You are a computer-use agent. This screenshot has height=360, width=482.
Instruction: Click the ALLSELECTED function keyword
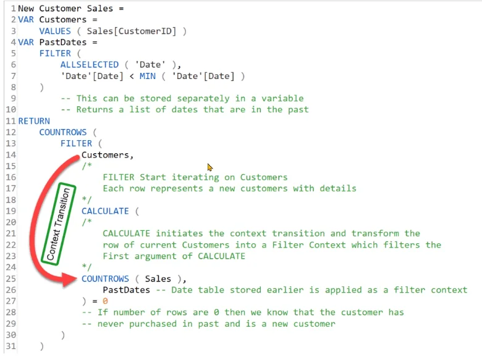click(90, 64)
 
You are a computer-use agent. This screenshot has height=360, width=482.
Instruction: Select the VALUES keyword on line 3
click(55, 31)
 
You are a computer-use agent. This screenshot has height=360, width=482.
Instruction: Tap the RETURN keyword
click(34, 121)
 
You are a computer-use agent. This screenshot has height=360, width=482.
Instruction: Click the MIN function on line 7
click(148, 76)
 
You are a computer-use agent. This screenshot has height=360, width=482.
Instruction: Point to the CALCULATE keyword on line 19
click(105, 211)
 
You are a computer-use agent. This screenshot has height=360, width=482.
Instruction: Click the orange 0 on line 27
click(105, 301)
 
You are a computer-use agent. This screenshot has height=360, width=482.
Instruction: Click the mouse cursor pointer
click(210, 167)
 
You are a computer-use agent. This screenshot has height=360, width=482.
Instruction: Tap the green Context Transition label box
click(59, 224)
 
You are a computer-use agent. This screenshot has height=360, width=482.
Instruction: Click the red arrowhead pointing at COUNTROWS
click(69, 279)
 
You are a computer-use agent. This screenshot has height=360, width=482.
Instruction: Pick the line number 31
click(11, 346)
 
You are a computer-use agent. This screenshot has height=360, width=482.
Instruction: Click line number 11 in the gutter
click(11, 121)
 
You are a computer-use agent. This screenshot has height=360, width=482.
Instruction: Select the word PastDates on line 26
click(126, 290)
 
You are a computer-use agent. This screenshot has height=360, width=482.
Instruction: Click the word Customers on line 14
click(105, 155)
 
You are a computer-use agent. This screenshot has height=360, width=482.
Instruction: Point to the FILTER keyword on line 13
click(76, 143)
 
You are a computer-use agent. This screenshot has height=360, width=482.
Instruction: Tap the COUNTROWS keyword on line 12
click(63, 132)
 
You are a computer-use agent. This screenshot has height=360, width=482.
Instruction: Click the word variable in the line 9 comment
click(282, 98)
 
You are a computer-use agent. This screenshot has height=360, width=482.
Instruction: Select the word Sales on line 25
click(158, 278)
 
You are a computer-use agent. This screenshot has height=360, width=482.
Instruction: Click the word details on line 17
click(338, 188)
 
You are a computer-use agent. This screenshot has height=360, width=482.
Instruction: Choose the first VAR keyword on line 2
click(26, 20)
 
